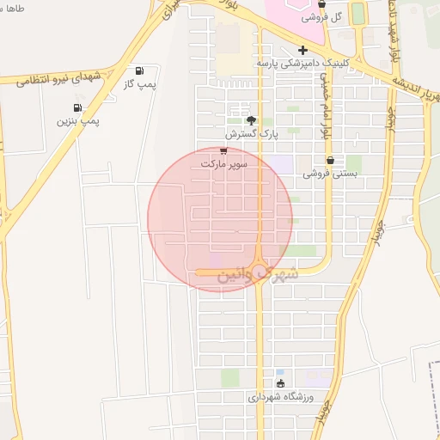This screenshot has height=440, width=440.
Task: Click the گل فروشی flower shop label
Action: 325,17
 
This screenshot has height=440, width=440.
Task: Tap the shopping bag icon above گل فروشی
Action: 321,4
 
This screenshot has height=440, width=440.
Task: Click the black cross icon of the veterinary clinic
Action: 302,50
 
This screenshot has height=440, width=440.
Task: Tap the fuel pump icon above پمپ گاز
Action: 139,71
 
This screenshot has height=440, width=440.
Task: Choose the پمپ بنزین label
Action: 78,121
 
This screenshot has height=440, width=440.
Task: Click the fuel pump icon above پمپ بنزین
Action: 78,108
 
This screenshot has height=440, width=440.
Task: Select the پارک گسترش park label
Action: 253,134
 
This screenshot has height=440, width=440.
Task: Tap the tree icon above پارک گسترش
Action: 251,120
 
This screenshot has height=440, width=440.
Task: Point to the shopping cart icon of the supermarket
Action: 223,150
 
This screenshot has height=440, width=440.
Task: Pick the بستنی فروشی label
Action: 329,173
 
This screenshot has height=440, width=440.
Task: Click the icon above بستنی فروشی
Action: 330,160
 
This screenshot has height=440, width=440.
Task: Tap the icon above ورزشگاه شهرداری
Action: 280,384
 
